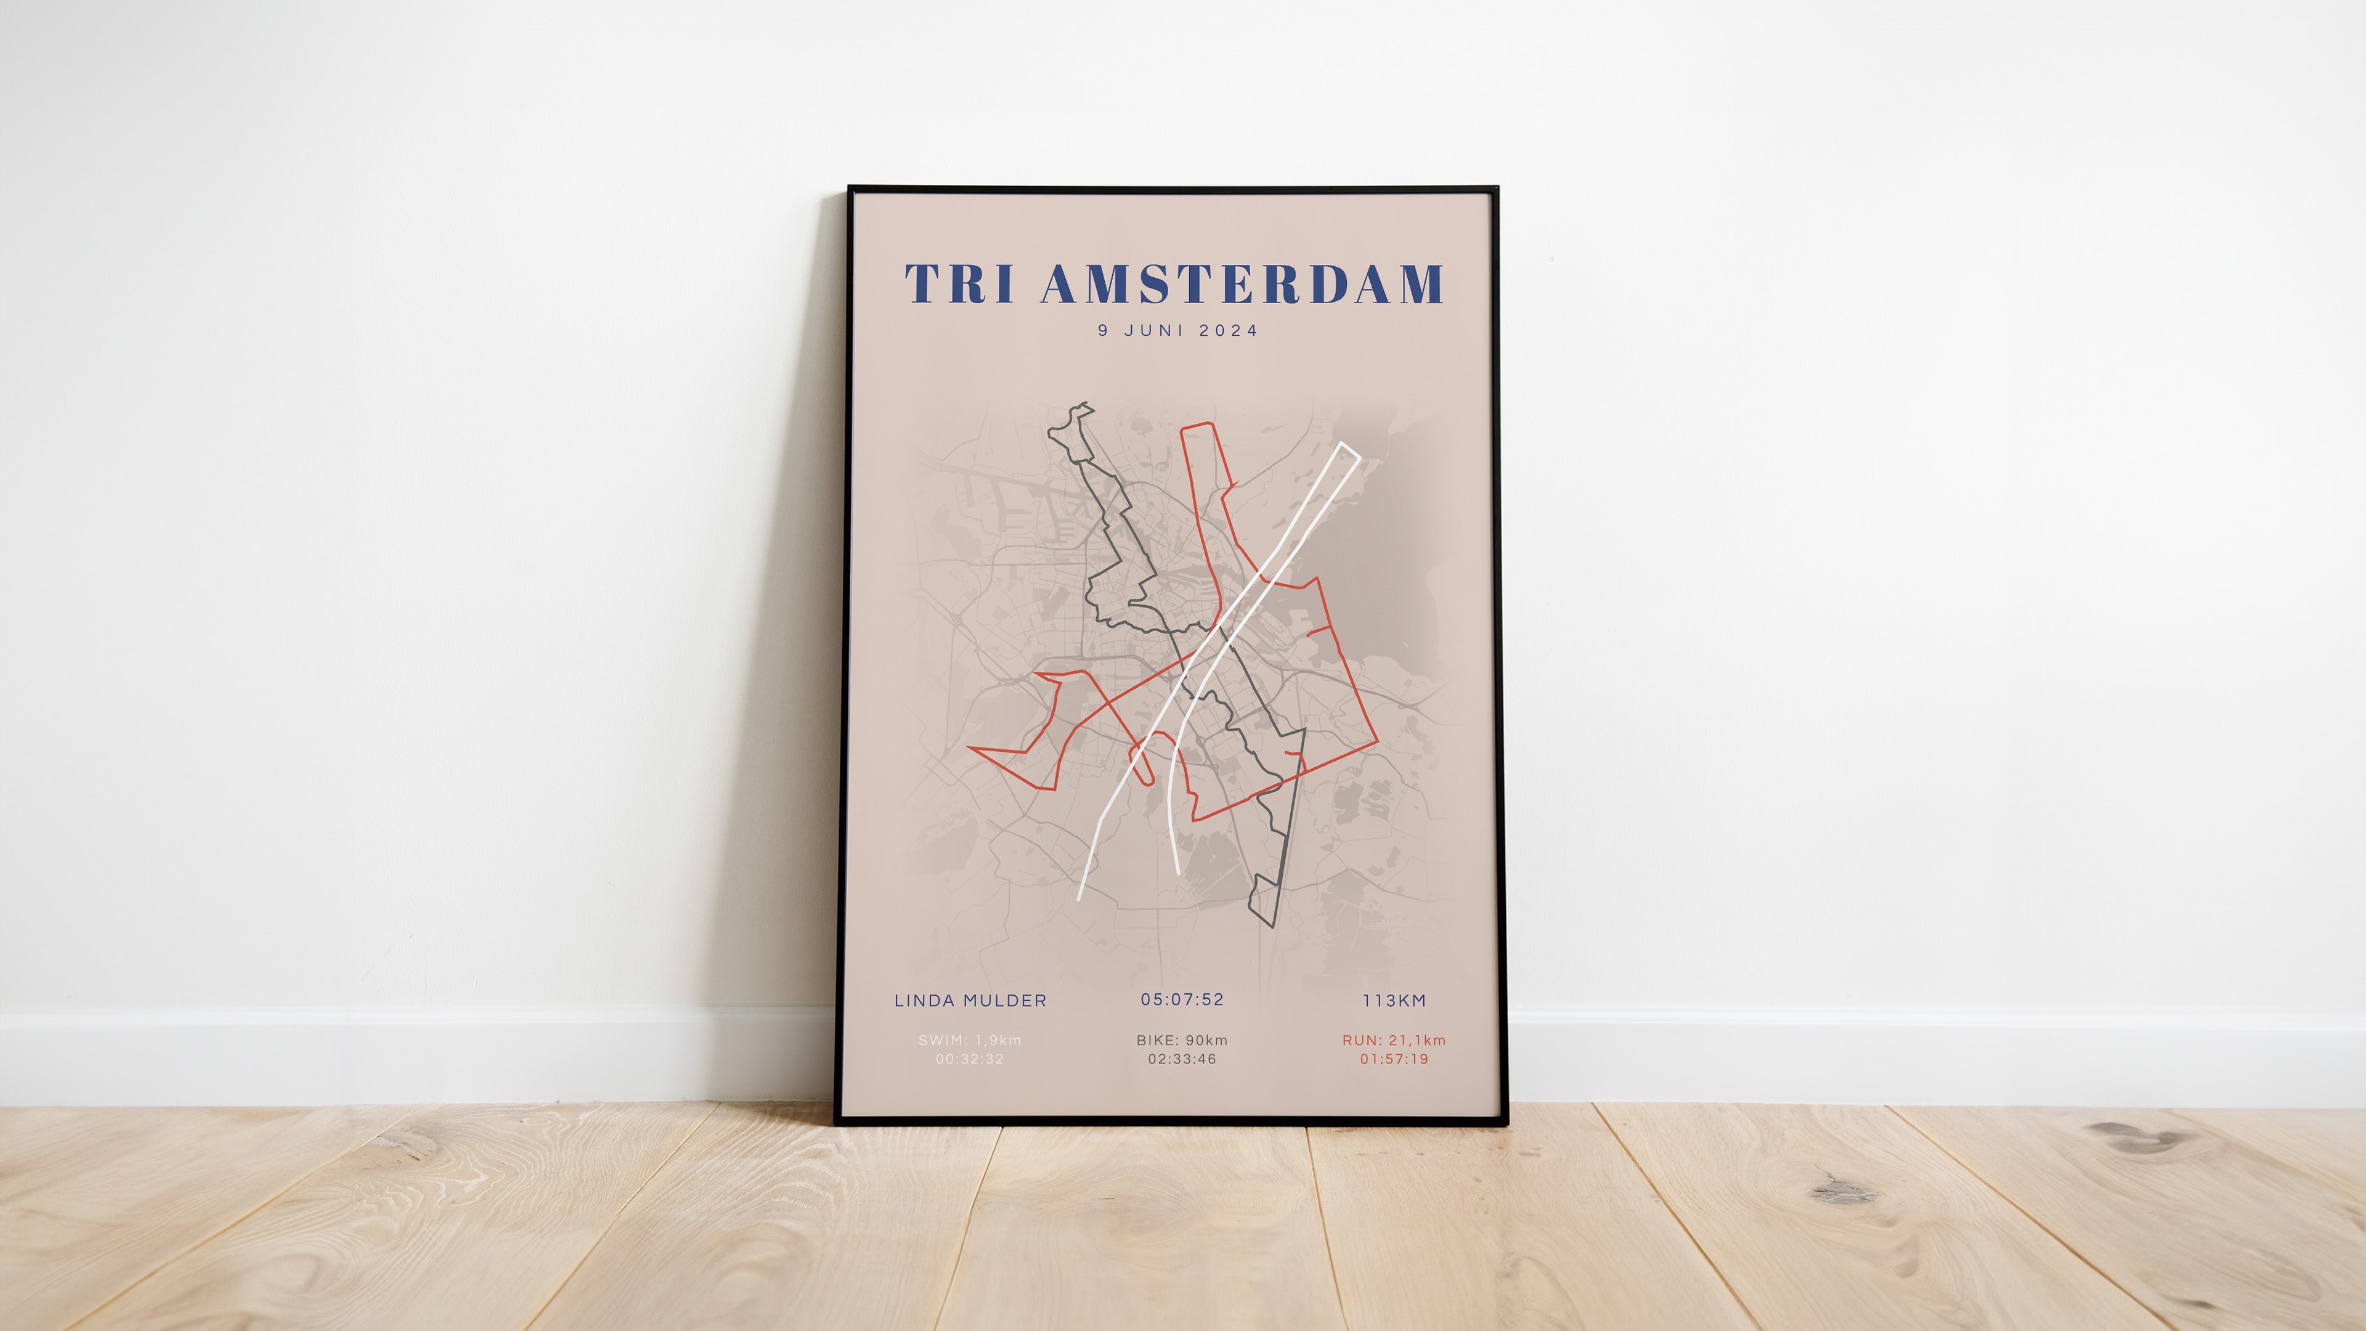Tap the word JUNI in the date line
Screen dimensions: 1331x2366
point(1153,331)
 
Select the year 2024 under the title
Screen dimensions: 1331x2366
point(1228,331)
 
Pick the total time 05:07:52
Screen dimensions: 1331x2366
point(1182,999)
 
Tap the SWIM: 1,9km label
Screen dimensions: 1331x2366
point(970,1040)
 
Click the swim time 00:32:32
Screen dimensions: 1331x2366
point(970,1059)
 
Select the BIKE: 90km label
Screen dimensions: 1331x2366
point(1182,1040)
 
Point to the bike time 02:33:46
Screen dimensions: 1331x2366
point(1182,1059)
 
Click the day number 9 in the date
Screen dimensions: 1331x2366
point(1103,331)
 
